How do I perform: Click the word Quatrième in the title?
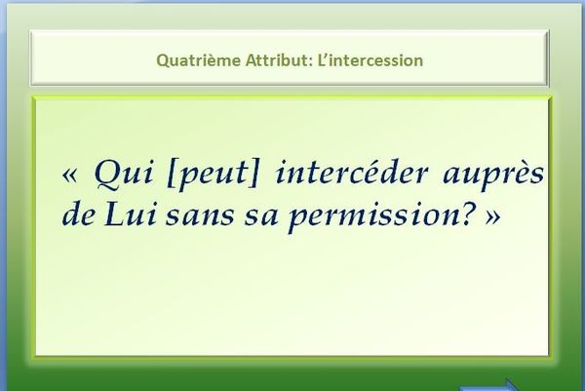coord(199,60)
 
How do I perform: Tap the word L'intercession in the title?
coord(370,60)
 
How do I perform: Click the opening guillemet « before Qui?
coord(70,175)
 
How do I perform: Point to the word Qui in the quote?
coord(124,174)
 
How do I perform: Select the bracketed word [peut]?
coord(213,175)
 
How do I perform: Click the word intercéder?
coord(351,173)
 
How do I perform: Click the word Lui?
coord(130,215)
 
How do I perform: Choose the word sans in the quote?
coord(200,216)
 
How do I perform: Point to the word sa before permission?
coord(261,216)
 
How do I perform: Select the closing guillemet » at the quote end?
coord(492,217)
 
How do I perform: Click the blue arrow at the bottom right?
coord(489,385)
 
